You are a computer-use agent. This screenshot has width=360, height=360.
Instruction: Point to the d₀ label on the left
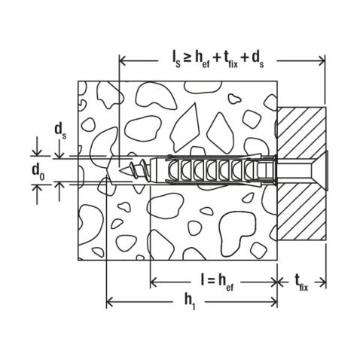tap(37, 170)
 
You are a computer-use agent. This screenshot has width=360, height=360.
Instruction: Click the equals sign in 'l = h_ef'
tap(213, 281)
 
